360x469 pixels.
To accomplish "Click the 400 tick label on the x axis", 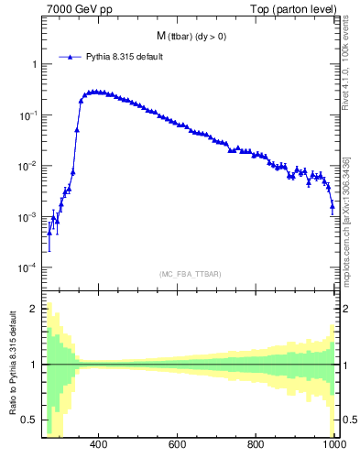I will (100, 446).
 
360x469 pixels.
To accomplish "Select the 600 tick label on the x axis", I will (178, 446).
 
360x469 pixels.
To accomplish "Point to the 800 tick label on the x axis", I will (256, 446).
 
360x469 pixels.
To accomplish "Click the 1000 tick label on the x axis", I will (333, 446).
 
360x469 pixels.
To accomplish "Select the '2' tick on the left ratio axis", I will (34, 309).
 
